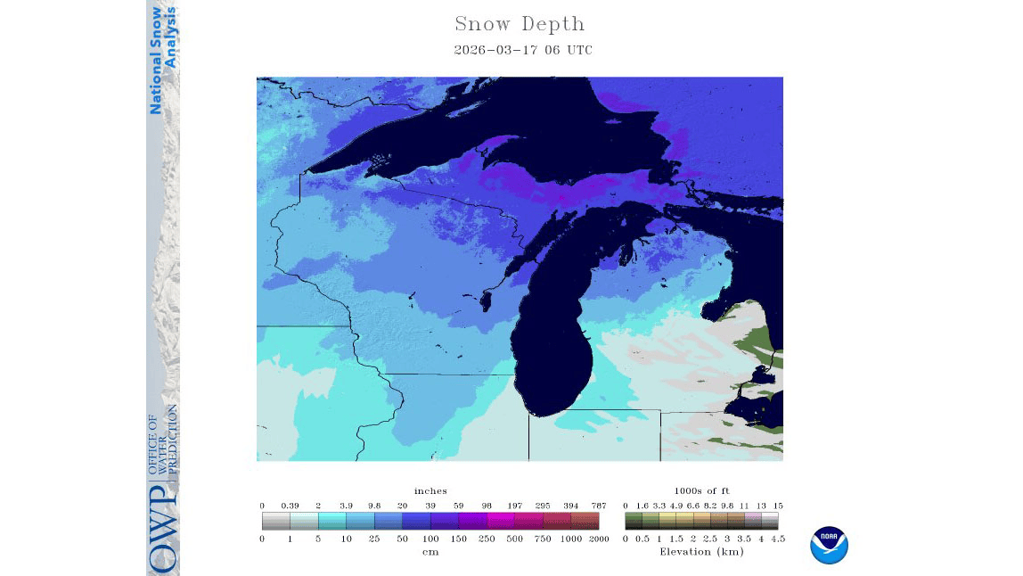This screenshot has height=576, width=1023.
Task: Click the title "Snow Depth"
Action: (520, 24)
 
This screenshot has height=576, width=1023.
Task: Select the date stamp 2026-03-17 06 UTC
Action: (522, 50)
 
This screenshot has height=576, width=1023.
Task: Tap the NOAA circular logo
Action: (829, 545)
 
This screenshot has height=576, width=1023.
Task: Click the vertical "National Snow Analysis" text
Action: (162, 60)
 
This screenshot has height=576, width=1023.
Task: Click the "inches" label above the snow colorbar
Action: (430, 490)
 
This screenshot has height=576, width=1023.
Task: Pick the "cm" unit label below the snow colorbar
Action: (430, 552)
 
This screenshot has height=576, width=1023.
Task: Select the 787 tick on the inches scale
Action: (599, 506)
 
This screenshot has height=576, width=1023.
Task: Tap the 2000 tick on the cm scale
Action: (599, 539)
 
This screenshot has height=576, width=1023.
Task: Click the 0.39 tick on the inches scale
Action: (290, 506)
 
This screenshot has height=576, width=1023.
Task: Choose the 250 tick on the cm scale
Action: (487, 539)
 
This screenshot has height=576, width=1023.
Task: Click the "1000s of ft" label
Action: (701, 490)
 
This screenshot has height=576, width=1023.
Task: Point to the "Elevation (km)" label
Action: (701, 552)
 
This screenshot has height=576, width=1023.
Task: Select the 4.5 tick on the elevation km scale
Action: (778, 539)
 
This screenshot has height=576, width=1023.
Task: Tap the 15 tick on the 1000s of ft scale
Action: (778, 506)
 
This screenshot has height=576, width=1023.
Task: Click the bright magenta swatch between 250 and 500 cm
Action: (501, 521)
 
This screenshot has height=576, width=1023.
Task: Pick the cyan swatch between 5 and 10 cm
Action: (331, 521)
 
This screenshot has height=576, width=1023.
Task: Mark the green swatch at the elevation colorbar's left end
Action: (634, 521)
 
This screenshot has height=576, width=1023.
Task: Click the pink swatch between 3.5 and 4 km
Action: (753, 521)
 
